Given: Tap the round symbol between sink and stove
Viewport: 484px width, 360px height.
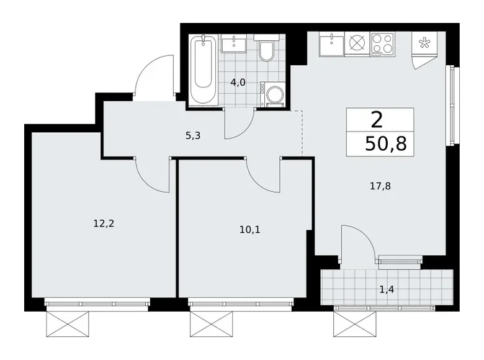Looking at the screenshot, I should click(357, 45).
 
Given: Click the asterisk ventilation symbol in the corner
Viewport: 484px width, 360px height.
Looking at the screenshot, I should click(425, 43).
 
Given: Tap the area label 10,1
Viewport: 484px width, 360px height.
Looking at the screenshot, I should click(251, 229).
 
